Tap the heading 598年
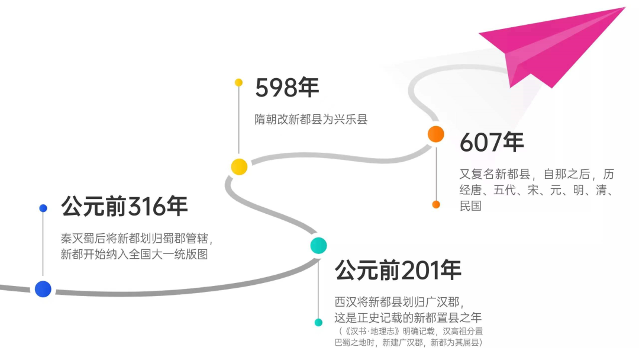(287, 88)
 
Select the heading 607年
(492, 142)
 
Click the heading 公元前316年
(124, 207)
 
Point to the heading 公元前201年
(398, 271)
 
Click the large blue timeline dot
(43, 289)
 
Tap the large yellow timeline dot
(239, 167)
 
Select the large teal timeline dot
(318, 245)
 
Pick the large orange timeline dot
(436, 134)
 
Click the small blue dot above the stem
(43, 208)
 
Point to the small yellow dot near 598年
(238, 82)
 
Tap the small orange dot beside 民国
(436, 204)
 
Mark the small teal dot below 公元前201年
(318, 323)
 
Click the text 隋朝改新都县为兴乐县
(311, 119)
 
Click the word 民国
(470, 206)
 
